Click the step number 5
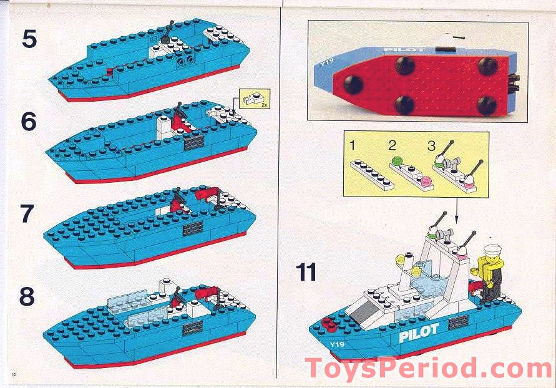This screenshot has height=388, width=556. pyautogui.click(x=29, y=39)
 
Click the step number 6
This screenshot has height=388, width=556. pyautogui.click(x=29, y=122)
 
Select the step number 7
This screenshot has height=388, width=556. pyautogui.click(x=27, y=214)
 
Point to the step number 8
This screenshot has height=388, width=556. pyautogui.click(x=27, y=297)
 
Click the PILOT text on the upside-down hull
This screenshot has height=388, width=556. pyautogui.click(x=404, y=49)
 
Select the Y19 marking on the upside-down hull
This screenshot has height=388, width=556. pyautogui.click(x=324, y=62)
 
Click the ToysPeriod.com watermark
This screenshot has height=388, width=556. pyautogui.click(x=428, y=368)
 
